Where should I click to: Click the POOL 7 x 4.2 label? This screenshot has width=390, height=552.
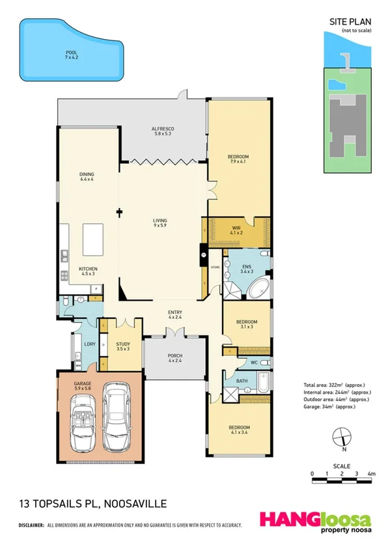(70, 55)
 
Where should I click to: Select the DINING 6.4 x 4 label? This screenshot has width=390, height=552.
(87, 176)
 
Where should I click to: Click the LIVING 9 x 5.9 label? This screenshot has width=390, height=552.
(160, 222)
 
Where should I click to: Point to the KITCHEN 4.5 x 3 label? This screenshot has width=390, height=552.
(88, 271)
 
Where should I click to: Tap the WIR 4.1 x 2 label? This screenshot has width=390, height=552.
(236, 230)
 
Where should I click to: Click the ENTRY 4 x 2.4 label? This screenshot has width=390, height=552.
(175, 315)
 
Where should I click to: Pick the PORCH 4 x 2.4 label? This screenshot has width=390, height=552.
(174, 357)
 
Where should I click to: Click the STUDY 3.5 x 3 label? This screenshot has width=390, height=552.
(123, 346)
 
